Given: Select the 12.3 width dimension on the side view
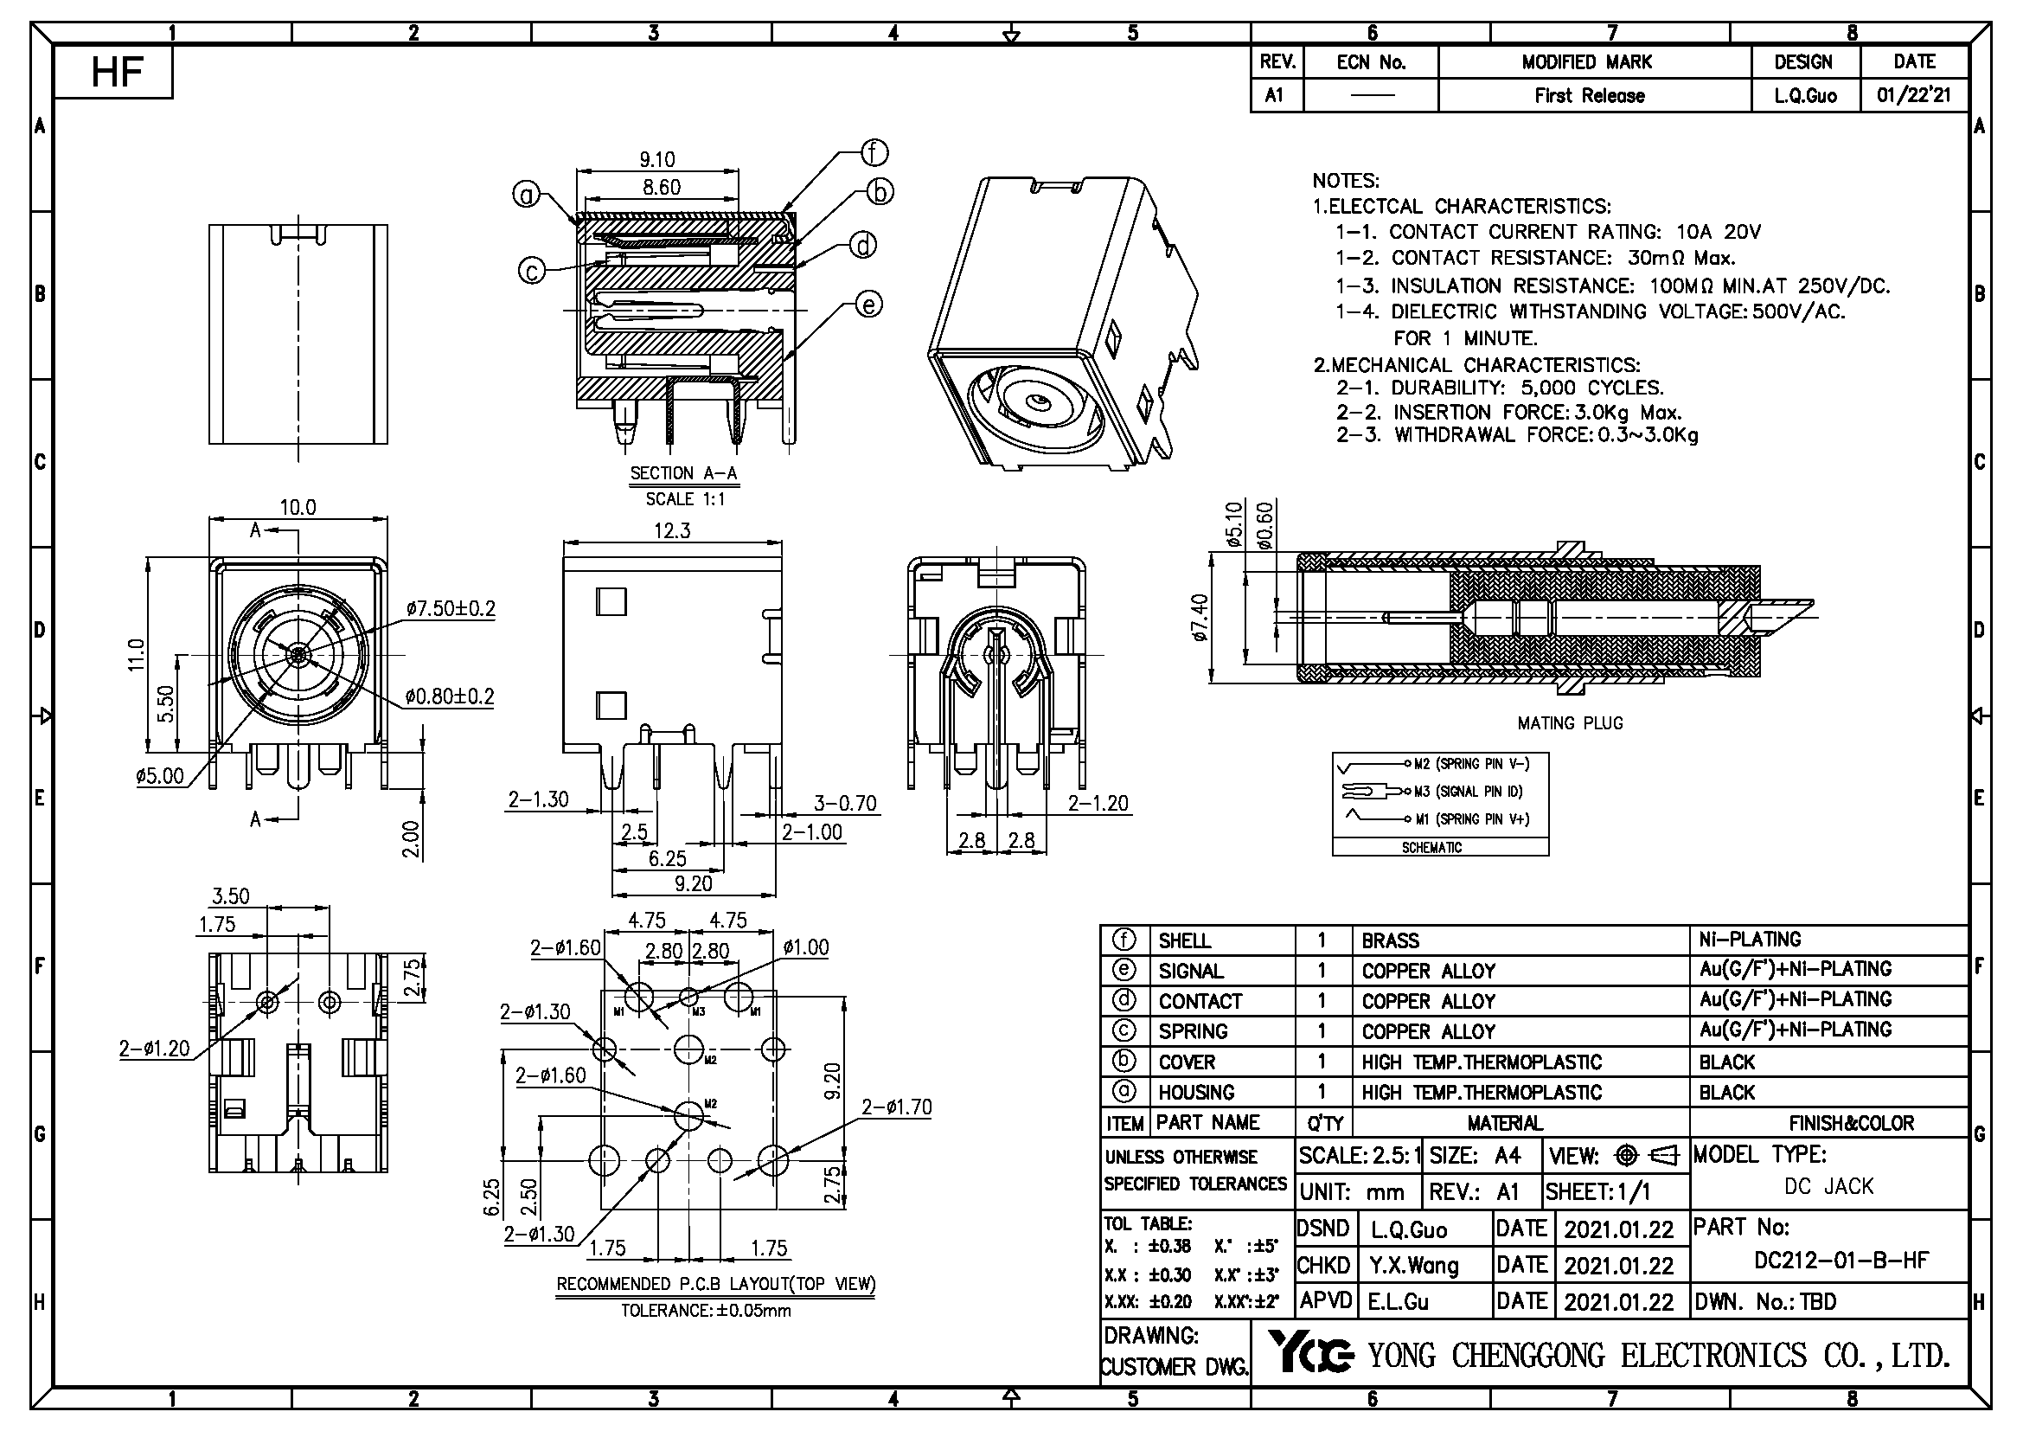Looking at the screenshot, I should [671, 531].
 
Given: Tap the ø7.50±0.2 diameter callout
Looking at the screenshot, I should [451, 608].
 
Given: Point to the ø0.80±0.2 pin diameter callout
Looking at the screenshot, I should [450, 696].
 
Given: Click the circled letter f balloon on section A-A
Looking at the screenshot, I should [874, 152].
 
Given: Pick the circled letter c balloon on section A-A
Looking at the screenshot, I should [531, 271].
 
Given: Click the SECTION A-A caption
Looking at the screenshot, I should [684, 473].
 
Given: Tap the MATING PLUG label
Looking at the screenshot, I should [1569, 723].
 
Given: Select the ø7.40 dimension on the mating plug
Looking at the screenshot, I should [1199, 618].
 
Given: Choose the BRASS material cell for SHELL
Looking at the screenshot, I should [1390, 941].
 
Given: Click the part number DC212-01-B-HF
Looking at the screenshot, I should [1841, 1260].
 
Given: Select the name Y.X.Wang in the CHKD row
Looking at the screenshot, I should [1413, 1267].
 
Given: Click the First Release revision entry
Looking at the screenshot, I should [1589, 95].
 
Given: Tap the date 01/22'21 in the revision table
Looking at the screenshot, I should [1913, 95].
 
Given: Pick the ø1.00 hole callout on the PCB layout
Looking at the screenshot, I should [805, 947].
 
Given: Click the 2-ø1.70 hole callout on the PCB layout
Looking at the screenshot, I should [895, 1107].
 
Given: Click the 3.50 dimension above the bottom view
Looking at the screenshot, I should [230, 896].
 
